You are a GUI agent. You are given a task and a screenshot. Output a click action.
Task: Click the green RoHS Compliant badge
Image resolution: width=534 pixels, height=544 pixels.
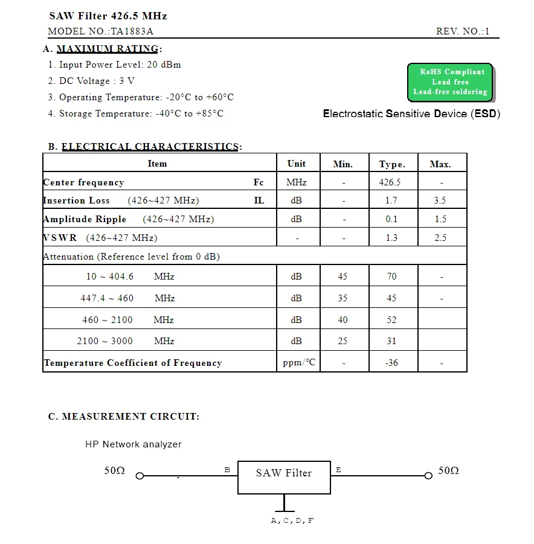point(450,82)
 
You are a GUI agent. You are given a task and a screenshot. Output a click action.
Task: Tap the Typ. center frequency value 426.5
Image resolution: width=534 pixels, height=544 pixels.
point(390,182)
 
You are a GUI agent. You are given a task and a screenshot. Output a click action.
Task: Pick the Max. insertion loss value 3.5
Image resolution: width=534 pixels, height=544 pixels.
point(440,200)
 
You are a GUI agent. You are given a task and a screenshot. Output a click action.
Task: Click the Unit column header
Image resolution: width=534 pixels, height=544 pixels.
point(296,164)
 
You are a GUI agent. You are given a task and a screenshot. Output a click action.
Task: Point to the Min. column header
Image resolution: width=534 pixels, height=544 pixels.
point(343,164)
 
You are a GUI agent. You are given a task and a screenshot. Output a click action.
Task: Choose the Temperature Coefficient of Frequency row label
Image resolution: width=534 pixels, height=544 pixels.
point(133,363)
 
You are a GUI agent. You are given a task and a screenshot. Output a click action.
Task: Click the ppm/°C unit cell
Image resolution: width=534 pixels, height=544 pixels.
point(299,363)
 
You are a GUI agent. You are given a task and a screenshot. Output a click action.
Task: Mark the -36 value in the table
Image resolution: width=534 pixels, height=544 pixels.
point(391,363)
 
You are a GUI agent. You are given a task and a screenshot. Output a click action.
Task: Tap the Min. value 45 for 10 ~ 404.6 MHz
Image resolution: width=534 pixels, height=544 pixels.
point(343,277)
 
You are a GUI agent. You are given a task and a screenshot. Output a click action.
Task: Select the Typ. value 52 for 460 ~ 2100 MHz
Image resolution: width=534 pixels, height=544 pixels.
point(391,320)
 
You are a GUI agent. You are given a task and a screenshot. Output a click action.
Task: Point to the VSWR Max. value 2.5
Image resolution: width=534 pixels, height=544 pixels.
point(440,238)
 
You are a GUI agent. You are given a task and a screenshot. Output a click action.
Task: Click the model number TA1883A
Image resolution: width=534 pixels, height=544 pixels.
point(127,31)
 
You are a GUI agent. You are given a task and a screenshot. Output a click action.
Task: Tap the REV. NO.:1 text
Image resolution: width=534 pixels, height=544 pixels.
point(463,31)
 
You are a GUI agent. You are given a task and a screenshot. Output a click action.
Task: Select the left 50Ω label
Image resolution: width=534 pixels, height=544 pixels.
point(114,471)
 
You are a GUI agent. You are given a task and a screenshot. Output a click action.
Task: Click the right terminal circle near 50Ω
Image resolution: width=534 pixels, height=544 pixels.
point(428,476)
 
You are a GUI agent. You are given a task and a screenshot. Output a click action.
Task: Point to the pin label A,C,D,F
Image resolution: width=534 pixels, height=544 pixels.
point(292,520)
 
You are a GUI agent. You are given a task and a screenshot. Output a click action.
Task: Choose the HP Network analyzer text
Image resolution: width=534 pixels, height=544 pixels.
point(133,444)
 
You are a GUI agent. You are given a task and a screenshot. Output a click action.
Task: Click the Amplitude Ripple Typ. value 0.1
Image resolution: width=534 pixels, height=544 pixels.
point(391,219)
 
